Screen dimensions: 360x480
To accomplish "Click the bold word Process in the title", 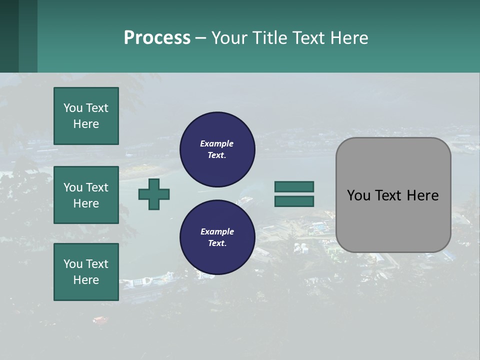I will [157, 38].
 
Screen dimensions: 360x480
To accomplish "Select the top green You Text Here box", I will [86, 116].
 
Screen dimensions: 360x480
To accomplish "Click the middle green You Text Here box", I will [86, 195].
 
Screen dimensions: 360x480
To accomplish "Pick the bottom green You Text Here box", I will [86, 272].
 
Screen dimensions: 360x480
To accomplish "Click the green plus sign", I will [154, 194].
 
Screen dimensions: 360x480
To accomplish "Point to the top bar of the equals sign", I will [294, 186].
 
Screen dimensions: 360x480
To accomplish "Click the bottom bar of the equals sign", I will [294, 201].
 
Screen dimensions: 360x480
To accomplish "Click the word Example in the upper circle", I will [217, 143].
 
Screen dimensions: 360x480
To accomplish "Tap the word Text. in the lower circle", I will [217, 243].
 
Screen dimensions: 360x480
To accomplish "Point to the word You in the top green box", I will [73, 108].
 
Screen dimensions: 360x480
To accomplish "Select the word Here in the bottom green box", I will [86, 280].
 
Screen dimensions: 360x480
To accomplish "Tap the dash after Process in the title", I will [200, 38].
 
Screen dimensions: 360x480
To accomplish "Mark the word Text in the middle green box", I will [97, 187].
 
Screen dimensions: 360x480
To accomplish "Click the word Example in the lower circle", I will [217, 231].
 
